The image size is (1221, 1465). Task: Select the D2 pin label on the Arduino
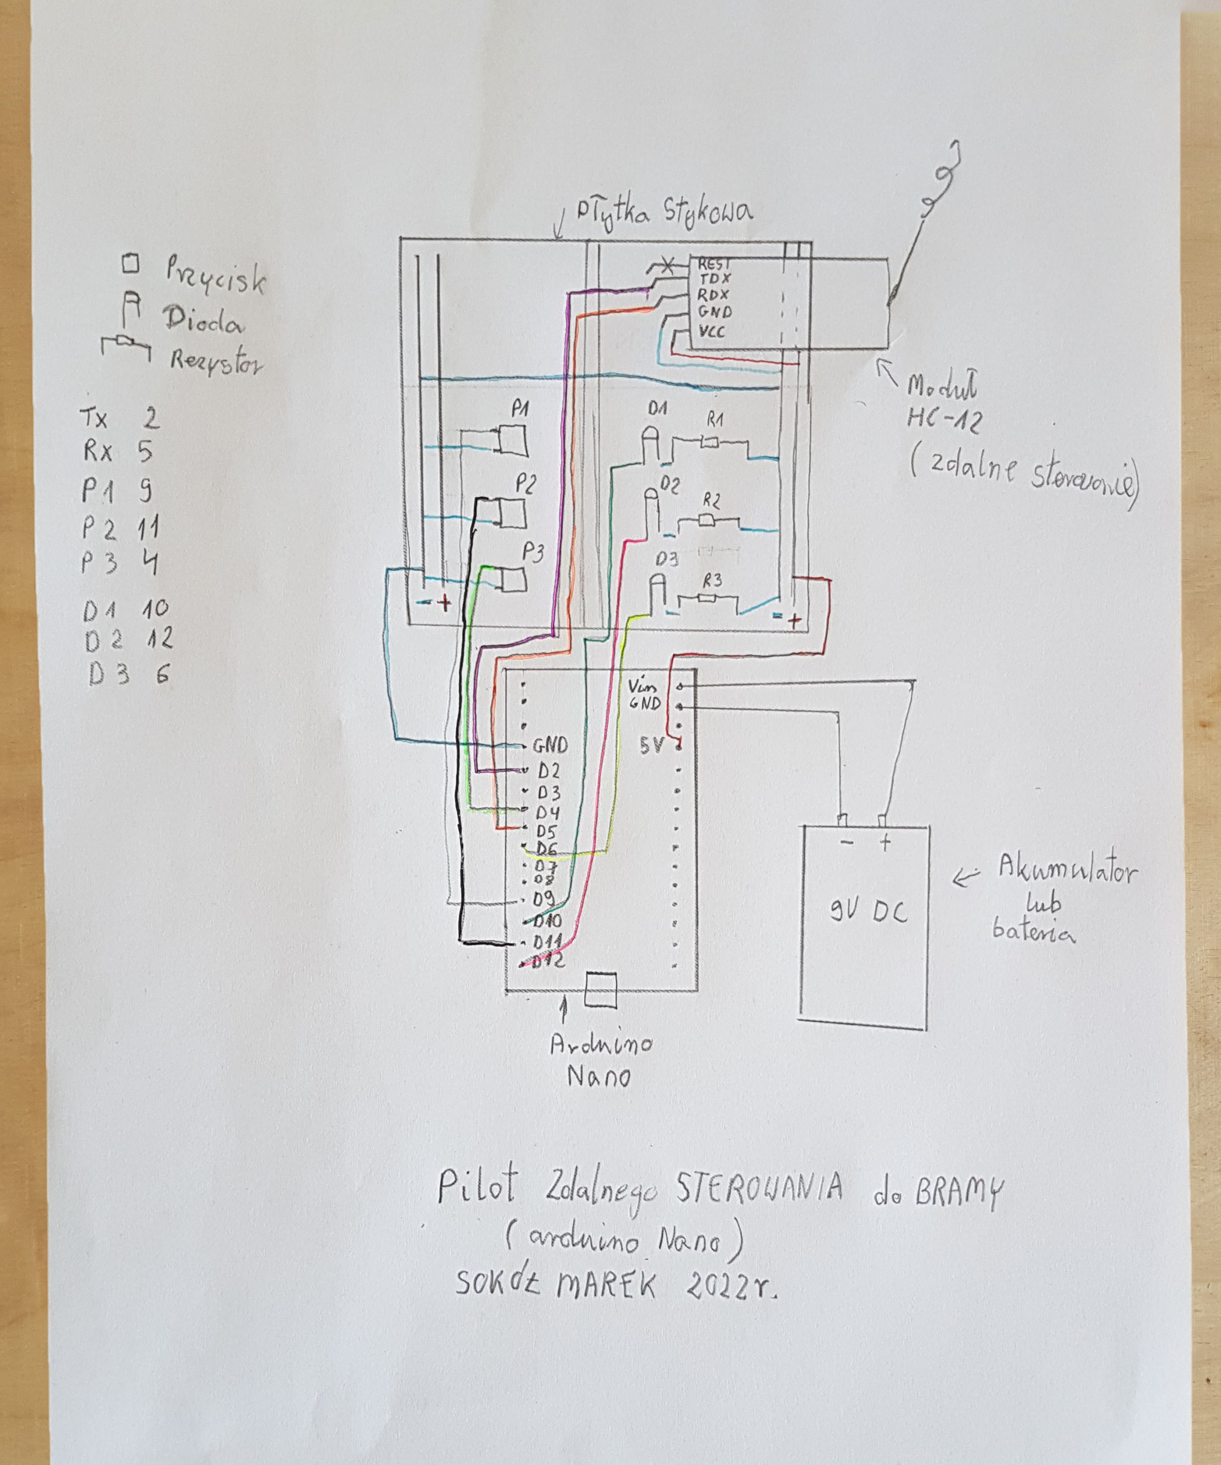(548, 771)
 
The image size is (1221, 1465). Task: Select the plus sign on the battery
(884, 843)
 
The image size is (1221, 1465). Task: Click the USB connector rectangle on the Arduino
(601, 989)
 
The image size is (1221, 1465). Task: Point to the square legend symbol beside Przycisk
(130, 264)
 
